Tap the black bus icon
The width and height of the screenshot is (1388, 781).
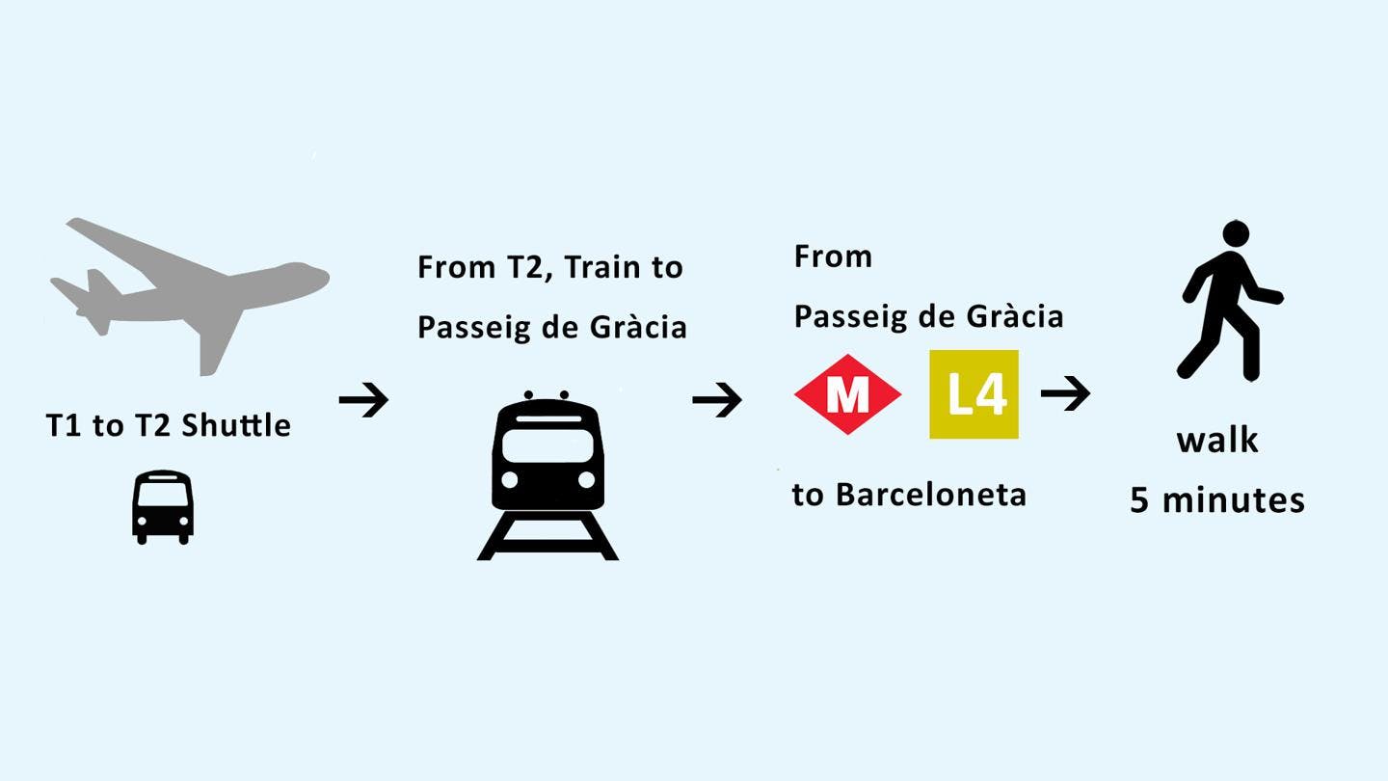[x=163, y=506]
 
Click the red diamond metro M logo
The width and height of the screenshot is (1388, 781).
[x=847, y=394]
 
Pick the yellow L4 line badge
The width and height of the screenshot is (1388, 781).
[x=974, y=394]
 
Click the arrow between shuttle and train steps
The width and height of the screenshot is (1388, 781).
[x=363, y=399]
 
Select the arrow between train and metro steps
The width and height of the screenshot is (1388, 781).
[x=717, y=399]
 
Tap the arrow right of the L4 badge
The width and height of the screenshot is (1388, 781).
[x=1065, y=393]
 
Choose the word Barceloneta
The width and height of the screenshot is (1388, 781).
[x=930, y=495]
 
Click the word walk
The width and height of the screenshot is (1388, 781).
[x=1217, y=441]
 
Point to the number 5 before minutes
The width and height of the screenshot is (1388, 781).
[x=1140, y=500]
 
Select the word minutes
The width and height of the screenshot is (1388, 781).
[x=1234, y=500]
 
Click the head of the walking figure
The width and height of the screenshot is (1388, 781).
[x=1236, y=234]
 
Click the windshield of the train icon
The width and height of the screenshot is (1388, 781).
[x=547, y=444]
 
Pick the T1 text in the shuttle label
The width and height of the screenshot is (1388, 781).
[x=64, y=425]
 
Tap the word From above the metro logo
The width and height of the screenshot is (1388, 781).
[x=833, y=256]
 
